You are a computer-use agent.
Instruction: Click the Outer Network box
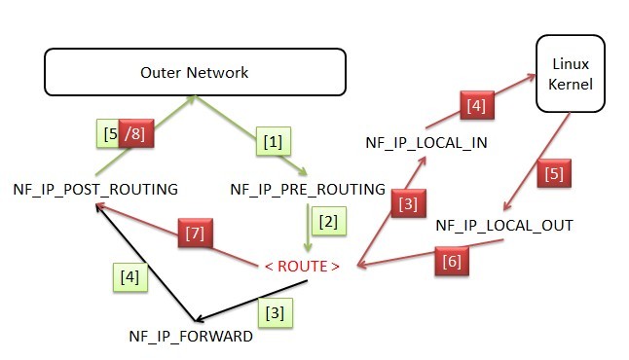[194, 72]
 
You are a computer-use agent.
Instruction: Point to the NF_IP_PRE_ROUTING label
[308, 189]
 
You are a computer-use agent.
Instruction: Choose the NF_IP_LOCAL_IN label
[426, 142]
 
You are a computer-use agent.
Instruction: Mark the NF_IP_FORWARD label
[191, 336]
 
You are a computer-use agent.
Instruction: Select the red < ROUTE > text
[303, 266]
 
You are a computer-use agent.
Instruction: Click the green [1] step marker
[274, 143]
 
